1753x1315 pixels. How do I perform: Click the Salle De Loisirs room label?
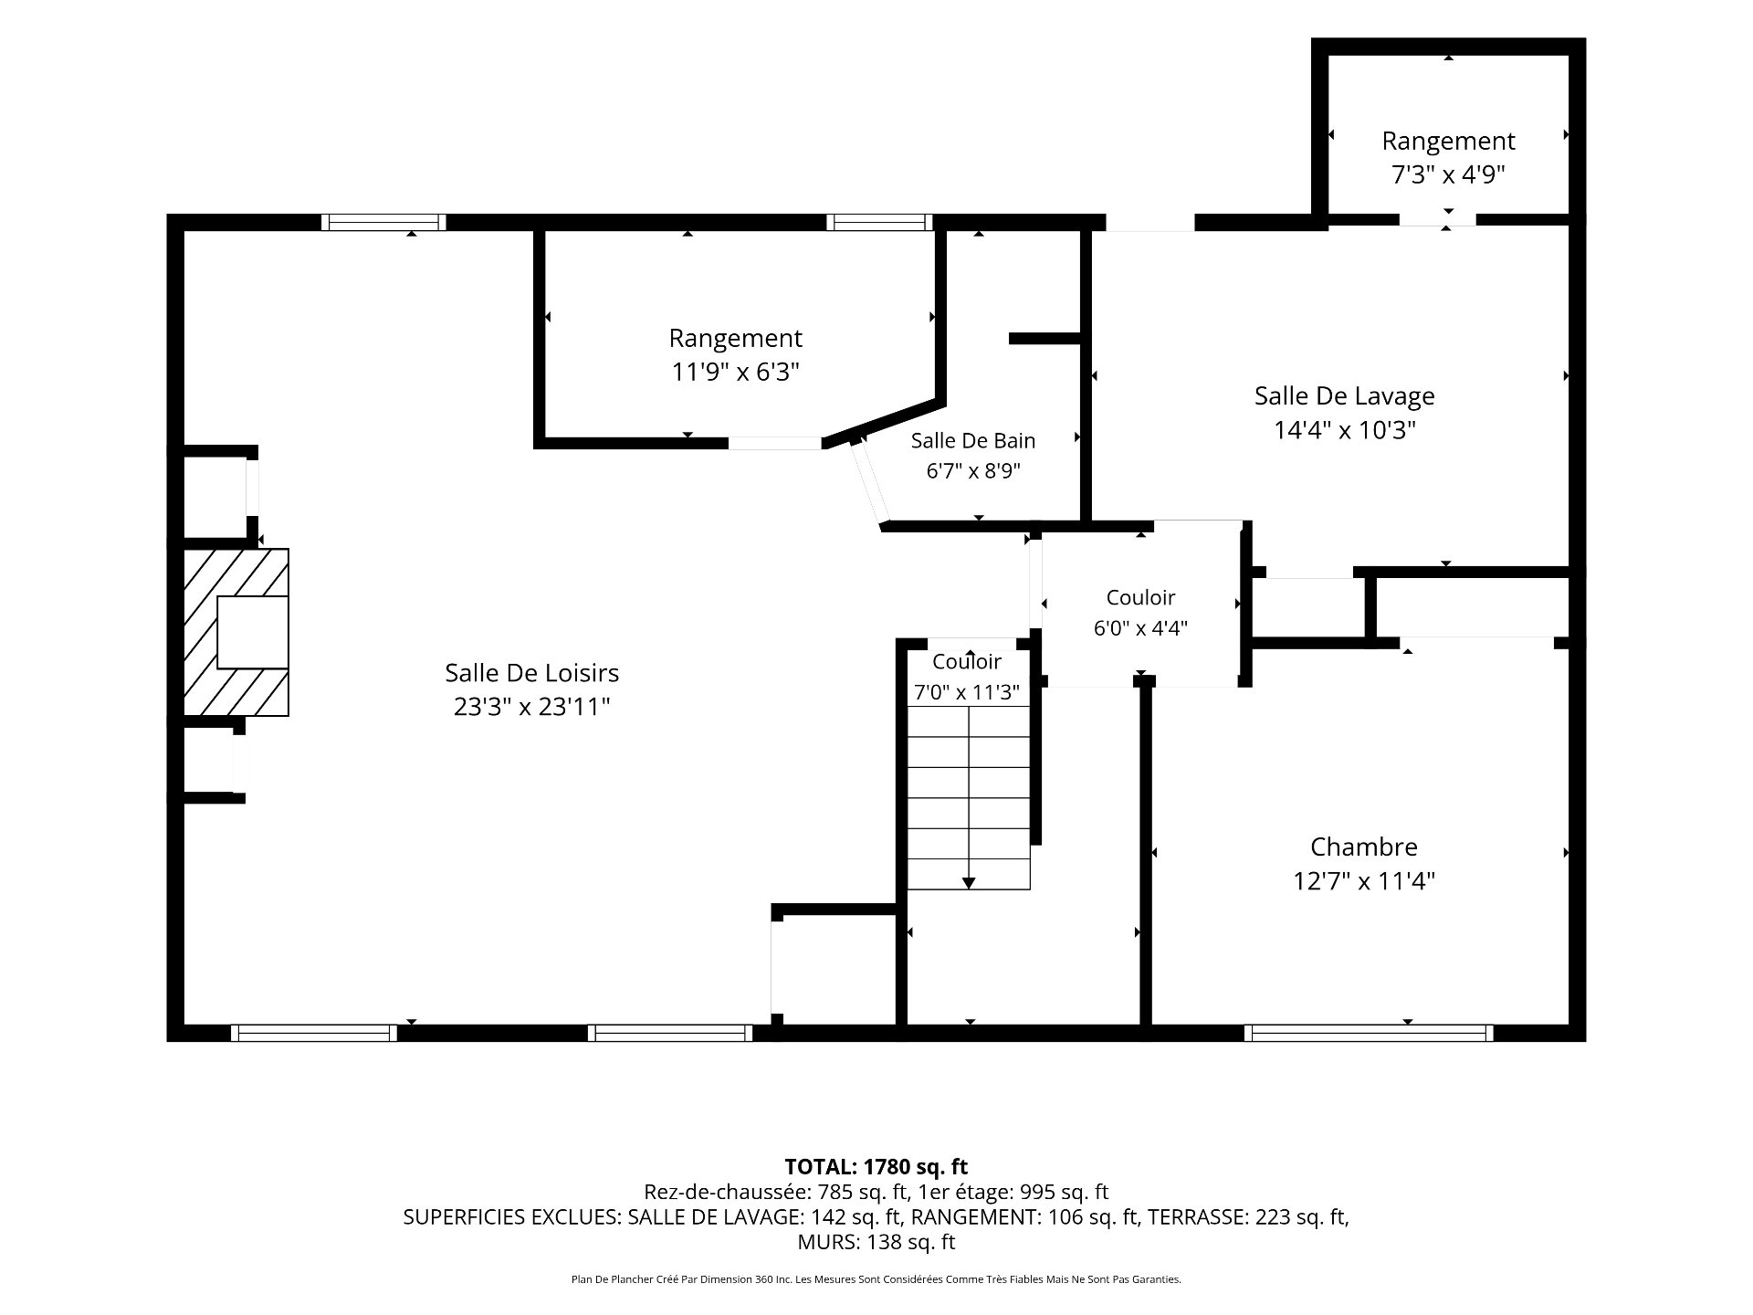[531, 673]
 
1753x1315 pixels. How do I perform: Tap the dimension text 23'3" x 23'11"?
[531, 707]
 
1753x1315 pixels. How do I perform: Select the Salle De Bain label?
[973, 440]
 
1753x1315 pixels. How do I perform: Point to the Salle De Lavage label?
[1344, 396]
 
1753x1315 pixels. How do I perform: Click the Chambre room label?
[1364, 847]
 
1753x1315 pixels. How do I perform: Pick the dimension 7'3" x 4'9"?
[1448, 174]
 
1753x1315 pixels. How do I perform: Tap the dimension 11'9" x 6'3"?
[736, 373]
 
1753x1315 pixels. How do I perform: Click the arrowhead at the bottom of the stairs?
[969, 882]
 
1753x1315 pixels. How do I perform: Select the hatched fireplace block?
[236, 632]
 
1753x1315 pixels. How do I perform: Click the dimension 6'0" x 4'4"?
[1140, 628]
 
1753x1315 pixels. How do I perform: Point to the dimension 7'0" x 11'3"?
[967, 692]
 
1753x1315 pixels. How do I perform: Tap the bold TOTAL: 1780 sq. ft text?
[876, 1166]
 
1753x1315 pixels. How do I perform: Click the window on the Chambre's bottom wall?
[1369, 1033]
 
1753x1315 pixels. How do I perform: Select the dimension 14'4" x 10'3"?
[1344, 430]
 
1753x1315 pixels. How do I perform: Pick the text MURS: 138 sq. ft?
[876, 1242]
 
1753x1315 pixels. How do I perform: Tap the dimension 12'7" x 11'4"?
[1364, 881]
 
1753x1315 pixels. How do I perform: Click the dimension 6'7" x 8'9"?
[973, 471]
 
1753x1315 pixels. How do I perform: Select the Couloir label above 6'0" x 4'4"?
[1140, 597]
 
